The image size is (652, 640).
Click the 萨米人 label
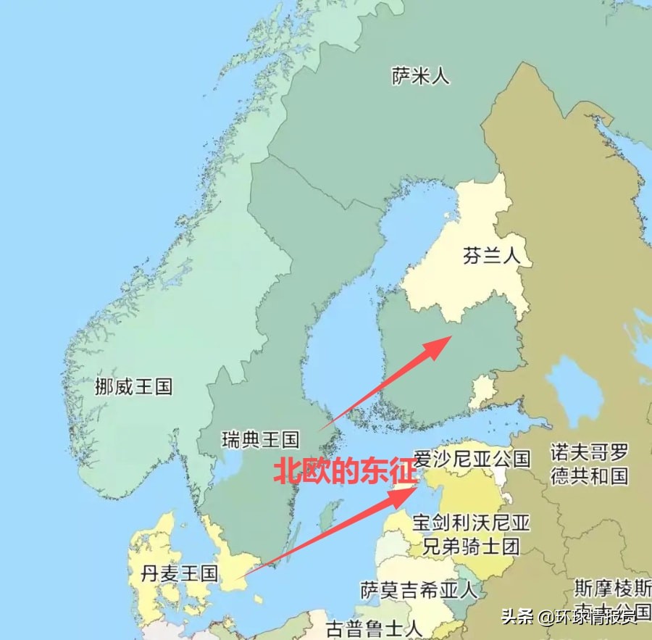click(420, 76)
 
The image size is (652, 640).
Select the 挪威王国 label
click(134, 386)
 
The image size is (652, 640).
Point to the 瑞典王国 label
click(260, 439)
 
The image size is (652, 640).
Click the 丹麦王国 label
click(180, 574)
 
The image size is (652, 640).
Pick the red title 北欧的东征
click(346, 472)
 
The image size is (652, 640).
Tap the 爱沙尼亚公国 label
click(472, 458)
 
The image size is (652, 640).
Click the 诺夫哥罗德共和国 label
click(589, 465)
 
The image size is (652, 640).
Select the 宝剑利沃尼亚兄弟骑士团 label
click(472, 534)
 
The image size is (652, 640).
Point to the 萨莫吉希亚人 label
click(419, 589)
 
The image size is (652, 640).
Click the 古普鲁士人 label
click(373, 626)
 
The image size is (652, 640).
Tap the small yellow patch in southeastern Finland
click(481, 391)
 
